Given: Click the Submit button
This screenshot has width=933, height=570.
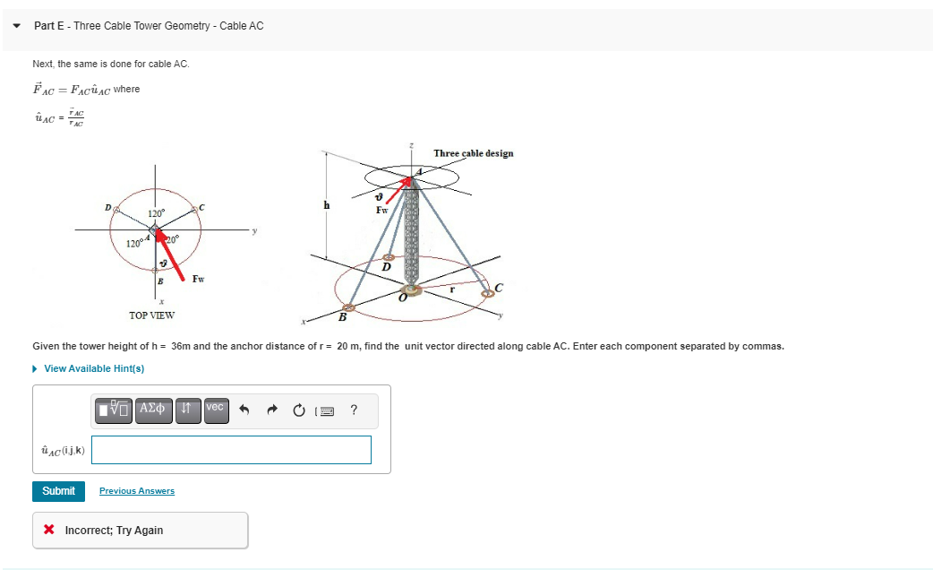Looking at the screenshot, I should click(x=58, y=491).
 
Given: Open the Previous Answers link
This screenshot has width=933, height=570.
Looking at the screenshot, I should click(x=137, y=491).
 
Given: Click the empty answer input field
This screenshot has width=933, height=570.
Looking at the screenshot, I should click(x=231, y=450).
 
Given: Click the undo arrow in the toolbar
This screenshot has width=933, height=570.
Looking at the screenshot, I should click(x=241, y=410).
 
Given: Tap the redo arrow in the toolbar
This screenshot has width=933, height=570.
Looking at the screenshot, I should click(x=270, y=410).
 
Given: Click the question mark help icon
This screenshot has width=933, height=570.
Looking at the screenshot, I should click(x=355, y=410).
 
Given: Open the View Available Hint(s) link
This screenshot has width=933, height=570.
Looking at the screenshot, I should click(x=93, y=368).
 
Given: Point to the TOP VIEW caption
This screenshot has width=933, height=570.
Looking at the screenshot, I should click(x=152, y=315).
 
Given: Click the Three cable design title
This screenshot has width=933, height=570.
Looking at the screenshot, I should click(x=473, y=153).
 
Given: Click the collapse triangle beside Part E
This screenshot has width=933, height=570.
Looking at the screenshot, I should click(x=16, y=26).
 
